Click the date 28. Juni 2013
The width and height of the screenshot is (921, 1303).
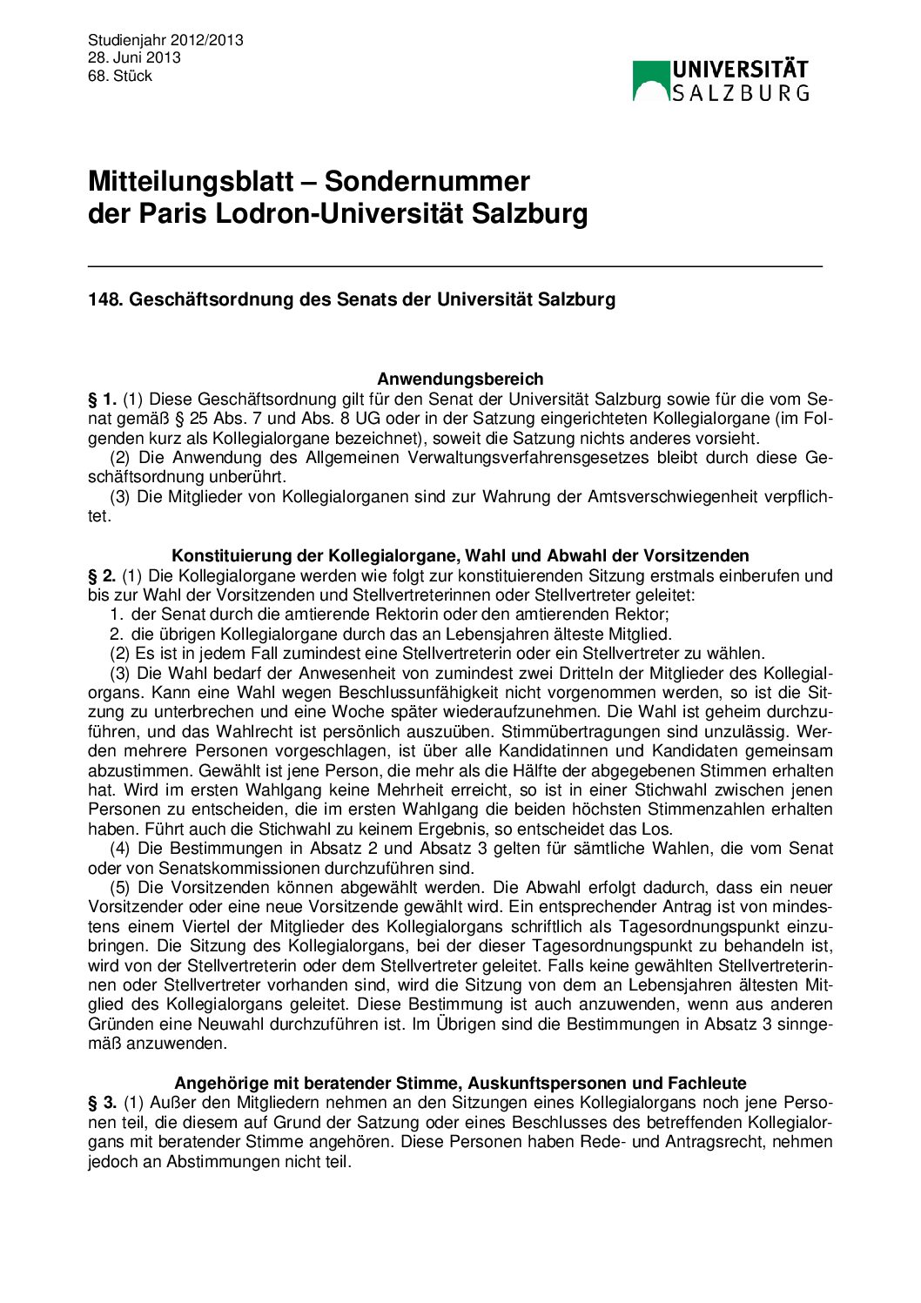pyautogui.click(x=134, y=57)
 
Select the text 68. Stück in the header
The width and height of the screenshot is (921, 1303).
pyautogui.click(x=120, y=76)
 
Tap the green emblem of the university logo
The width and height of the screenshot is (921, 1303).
pyautogui.click(x=650, y=81)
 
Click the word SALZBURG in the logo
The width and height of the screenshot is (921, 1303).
pyautogui.click(x=740, y=92)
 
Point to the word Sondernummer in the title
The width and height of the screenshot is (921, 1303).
pyautogui.click(x=427, y=181)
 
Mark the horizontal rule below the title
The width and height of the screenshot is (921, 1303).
pyautogui.click(x=455, y=265)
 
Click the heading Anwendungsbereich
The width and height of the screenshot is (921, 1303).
pyautogui.click(x=460, y=379)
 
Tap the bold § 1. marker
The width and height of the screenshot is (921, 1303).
pyautogui.click(x=102, y=400)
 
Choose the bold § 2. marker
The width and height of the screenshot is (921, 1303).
pyautogui.click(x=102, y=575)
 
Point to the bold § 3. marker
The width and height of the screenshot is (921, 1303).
pyautogui.click(x=102, y=1103)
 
